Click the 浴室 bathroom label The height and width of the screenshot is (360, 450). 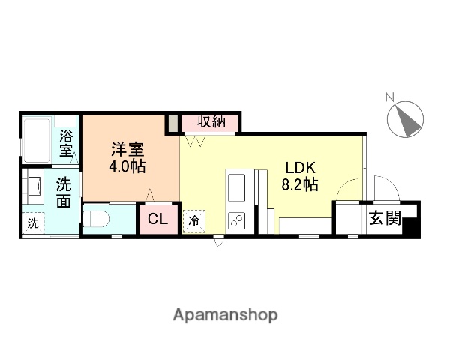click(67, 142)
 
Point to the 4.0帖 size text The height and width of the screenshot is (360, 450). click(127, 166)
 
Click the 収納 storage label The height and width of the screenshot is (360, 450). click(211, 121)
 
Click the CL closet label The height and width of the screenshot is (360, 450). click(157, 220)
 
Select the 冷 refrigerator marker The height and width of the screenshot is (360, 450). click(193, 221)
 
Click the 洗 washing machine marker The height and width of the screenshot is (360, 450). click(33, 223)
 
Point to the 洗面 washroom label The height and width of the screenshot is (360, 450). click(64, 190)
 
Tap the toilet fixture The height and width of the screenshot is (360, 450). click(97, 220)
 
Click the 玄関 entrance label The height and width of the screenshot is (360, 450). click(383, 219)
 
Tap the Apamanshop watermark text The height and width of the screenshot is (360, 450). click(225, 315)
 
